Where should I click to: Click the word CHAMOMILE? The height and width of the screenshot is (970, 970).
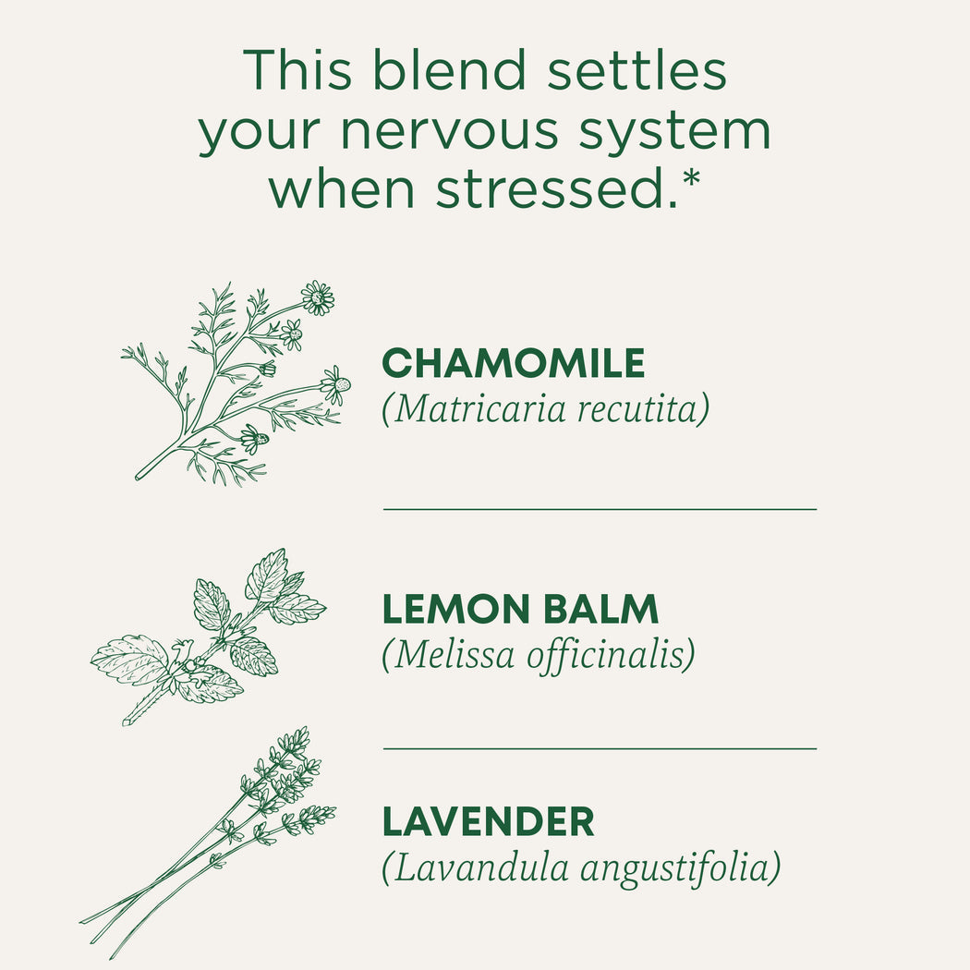click(x=513, y=363)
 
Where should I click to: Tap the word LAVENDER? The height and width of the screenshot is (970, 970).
click(x=488, y=821)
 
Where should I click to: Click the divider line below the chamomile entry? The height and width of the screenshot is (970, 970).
click(x=600, y=508)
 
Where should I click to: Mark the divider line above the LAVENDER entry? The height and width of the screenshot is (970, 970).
click(x=600, y=748)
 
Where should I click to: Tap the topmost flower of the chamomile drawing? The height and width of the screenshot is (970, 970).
click(x=318, y=297)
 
